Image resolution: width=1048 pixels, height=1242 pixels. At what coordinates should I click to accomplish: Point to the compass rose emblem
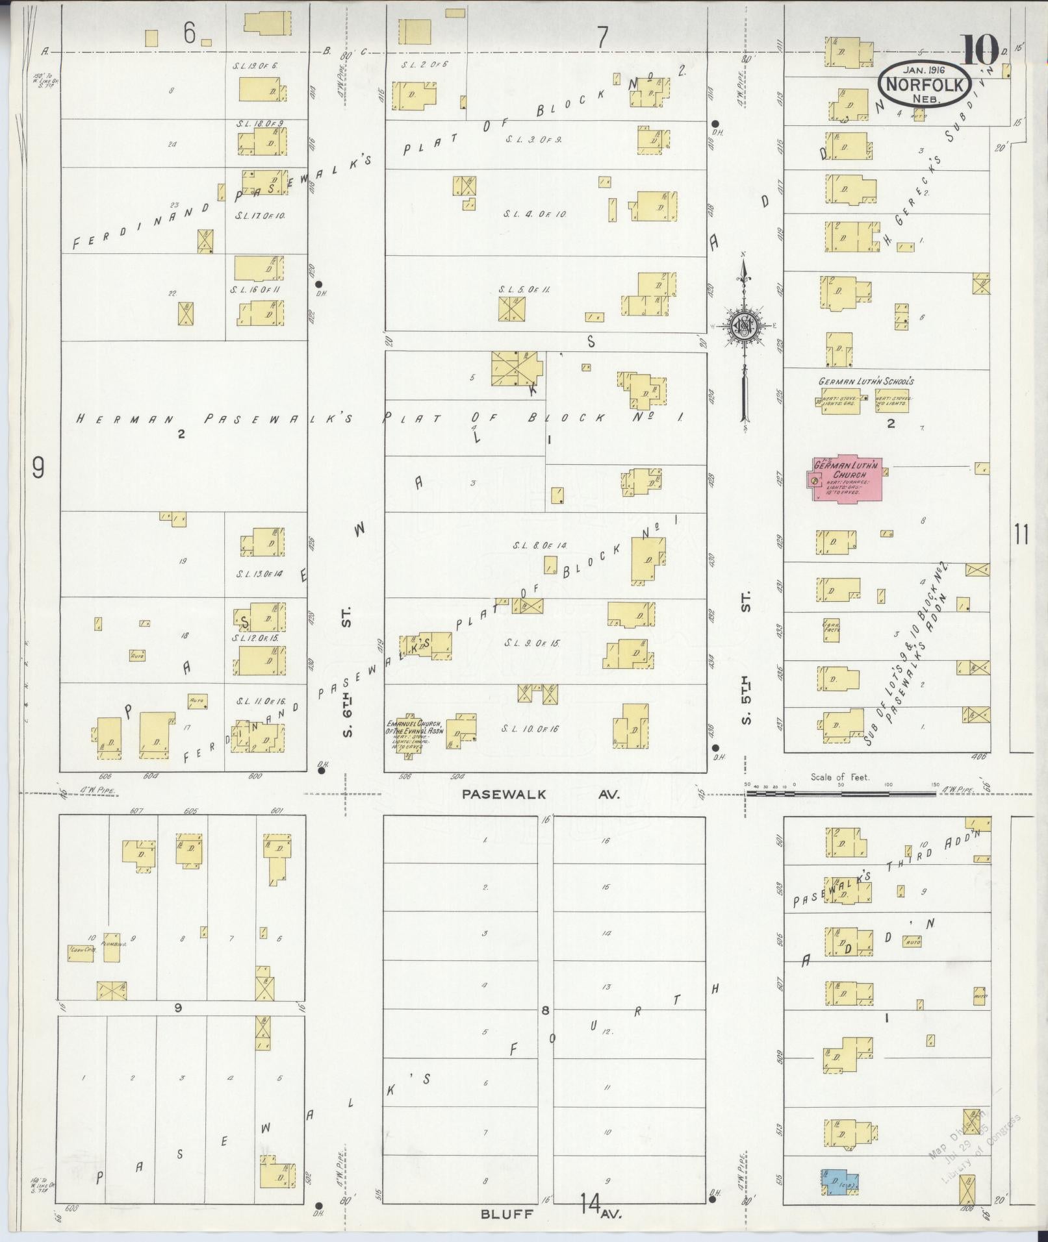coord(743,327)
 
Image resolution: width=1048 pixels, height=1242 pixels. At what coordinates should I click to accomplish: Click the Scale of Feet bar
coord(841,793)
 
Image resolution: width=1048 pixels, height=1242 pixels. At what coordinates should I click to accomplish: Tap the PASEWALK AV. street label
coord(541,794)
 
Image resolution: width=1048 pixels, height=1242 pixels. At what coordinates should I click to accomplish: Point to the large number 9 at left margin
coord(38,467)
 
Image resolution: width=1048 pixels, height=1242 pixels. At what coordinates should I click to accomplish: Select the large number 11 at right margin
coord(1021,536)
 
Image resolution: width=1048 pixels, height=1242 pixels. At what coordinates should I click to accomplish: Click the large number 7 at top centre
coord(603,38)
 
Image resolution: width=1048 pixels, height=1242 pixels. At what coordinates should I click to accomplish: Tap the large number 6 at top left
coord(189,34)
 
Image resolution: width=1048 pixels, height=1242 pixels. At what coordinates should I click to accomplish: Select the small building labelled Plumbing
coord(113,954)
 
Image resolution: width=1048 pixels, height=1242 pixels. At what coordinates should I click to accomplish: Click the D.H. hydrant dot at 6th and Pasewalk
coord(320,771)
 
